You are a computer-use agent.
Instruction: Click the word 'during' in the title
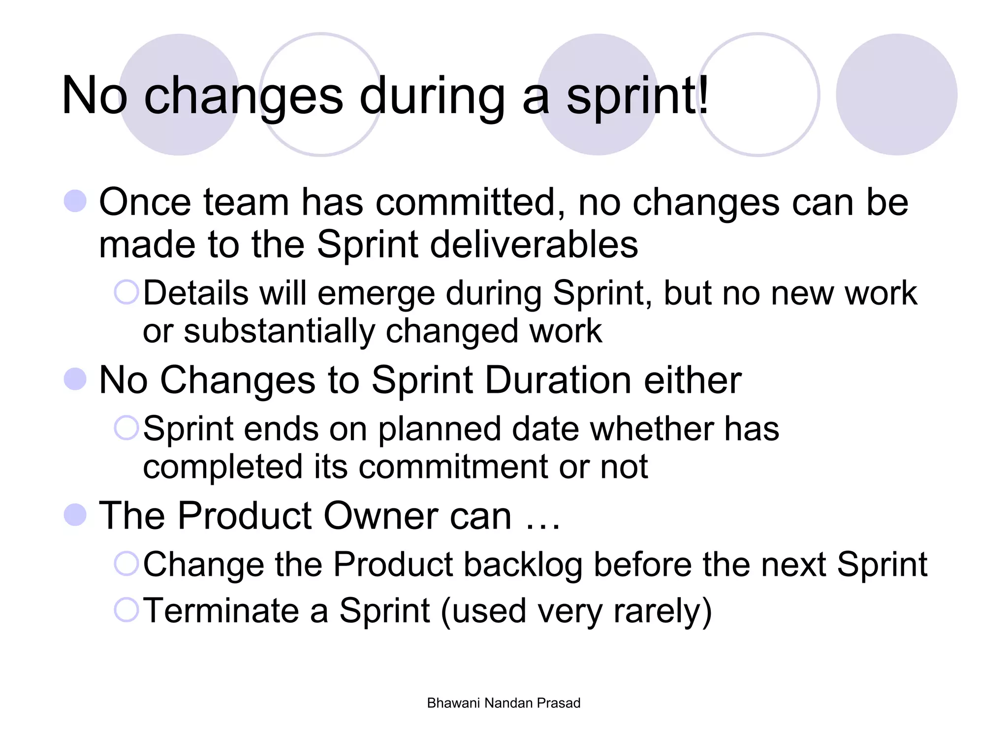coord(432,96)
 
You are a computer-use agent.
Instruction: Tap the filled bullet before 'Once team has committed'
coord(75,201)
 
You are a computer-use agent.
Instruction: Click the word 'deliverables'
coord(534,245)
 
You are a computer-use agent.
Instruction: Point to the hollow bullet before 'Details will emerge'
coord(126,292)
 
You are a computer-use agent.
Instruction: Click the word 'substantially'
coord(280,331)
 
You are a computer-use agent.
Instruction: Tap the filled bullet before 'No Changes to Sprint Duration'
coord(75,379)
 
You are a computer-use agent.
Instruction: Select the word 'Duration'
coord(558,380)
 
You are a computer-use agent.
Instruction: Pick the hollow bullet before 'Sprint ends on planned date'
coord(126,428)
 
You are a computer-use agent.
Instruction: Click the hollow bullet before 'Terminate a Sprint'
coord(126,610)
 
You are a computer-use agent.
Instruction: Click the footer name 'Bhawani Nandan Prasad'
coord(504,703)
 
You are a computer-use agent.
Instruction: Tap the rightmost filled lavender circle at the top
coord(896,94)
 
